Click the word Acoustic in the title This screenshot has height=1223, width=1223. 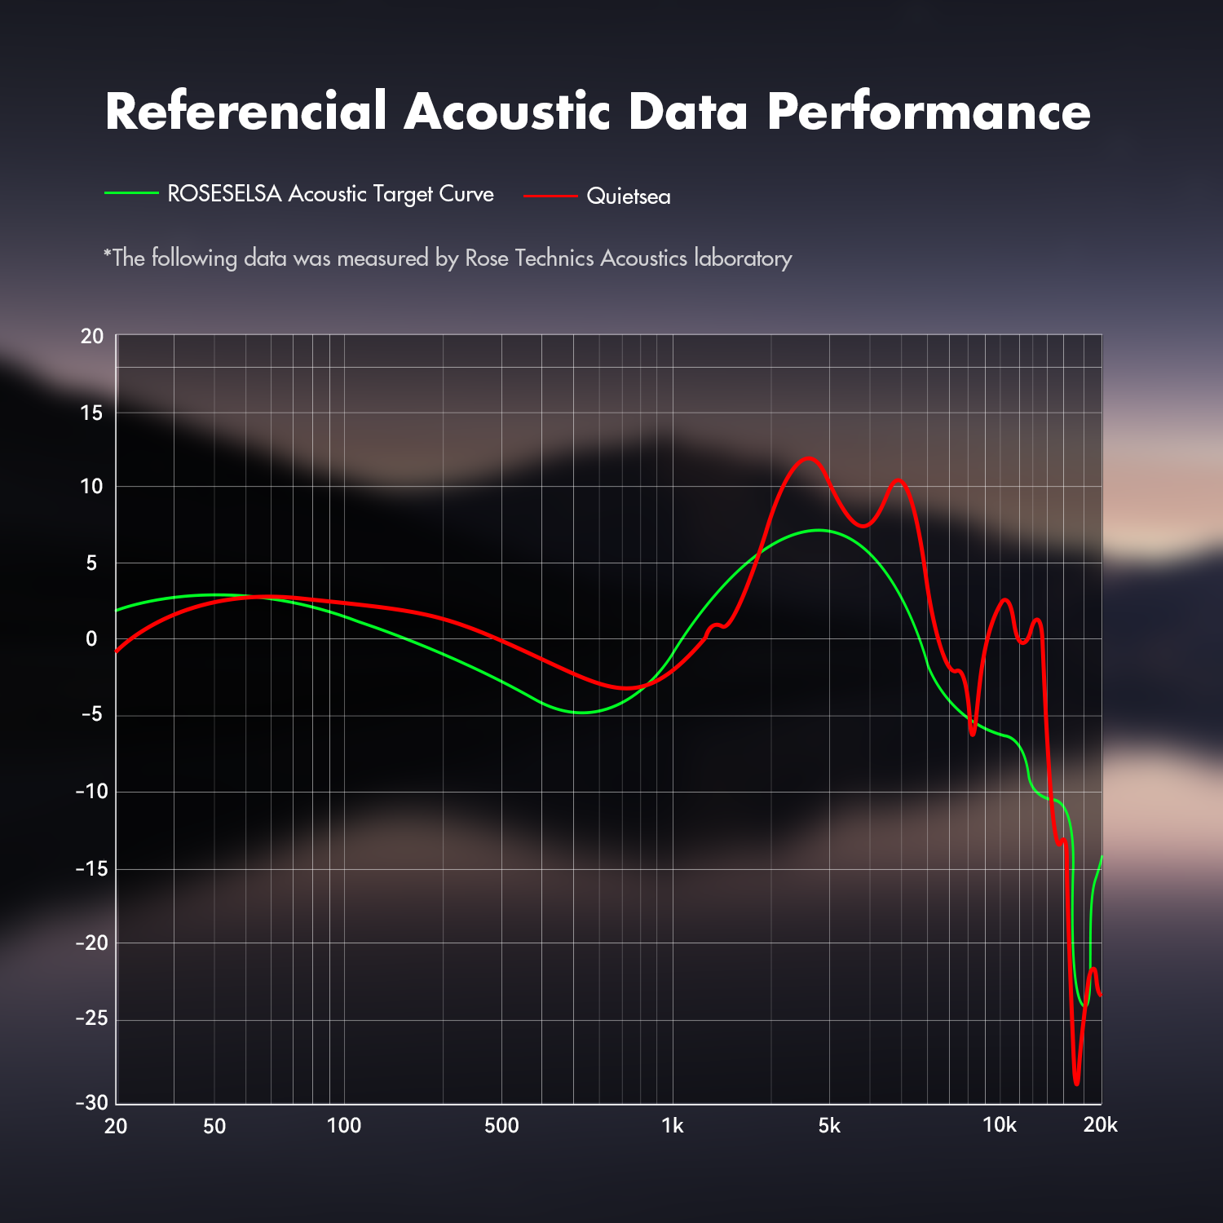506,111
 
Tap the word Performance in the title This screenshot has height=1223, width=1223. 929,111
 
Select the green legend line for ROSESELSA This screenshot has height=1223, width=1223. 131,193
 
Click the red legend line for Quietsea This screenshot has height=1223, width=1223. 550,196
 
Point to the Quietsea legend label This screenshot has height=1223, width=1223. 629,196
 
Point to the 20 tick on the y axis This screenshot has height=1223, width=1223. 92,336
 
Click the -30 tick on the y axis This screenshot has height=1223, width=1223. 91,1102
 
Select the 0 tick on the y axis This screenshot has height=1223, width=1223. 91,639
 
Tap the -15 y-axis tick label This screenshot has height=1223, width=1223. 91,869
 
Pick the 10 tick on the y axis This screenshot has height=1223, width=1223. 91,487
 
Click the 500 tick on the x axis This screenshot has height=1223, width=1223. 501,1126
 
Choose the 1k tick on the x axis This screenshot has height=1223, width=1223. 673,1126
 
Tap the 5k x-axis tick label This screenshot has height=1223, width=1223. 829,1126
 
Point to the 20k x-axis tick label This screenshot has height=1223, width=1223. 1100,1125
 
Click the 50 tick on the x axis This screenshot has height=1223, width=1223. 214,1126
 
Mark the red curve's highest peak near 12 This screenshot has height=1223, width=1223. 808,458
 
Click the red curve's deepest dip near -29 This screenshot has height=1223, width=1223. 1076,1083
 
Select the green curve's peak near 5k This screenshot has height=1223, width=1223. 819,530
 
